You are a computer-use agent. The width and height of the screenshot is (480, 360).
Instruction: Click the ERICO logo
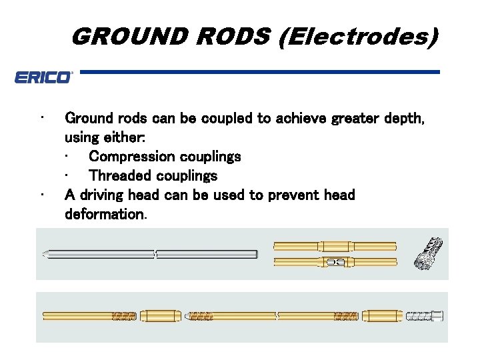point(43,77)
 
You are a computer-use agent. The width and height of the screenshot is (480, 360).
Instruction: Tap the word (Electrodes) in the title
point(359,36)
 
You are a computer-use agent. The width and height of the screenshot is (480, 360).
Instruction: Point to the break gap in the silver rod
point(155,254)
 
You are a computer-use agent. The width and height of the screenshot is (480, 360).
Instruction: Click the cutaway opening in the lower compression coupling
point(335,262)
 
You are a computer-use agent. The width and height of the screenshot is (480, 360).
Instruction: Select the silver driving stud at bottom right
point(423,315)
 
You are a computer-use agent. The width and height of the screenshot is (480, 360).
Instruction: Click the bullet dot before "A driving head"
point(41,195)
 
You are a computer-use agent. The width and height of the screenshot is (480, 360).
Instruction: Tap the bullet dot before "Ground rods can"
point(41,119)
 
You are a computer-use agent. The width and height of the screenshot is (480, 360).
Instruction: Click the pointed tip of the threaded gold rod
point(189,315)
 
